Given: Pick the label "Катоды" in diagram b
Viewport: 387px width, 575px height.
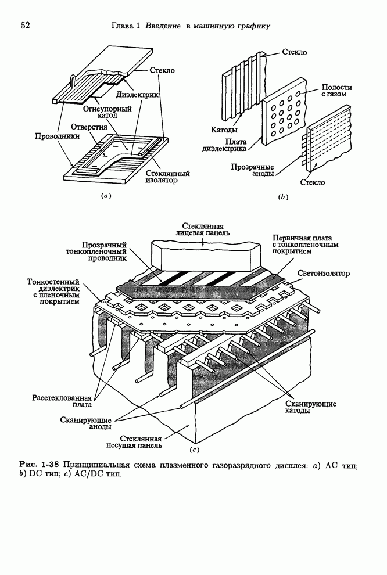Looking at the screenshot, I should (224, 129).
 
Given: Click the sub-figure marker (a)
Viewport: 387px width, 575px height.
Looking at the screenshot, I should (105, 196).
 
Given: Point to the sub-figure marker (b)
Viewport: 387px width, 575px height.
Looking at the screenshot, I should (283, 197).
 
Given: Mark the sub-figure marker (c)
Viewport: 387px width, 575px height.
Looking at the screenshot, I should (195, 449).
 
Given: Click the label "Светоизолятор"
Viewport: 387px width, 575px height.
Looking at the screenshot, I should (324, 273).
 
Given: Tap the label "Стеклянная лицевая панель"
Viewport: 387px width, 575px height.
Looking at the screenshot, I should (203, 229).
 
